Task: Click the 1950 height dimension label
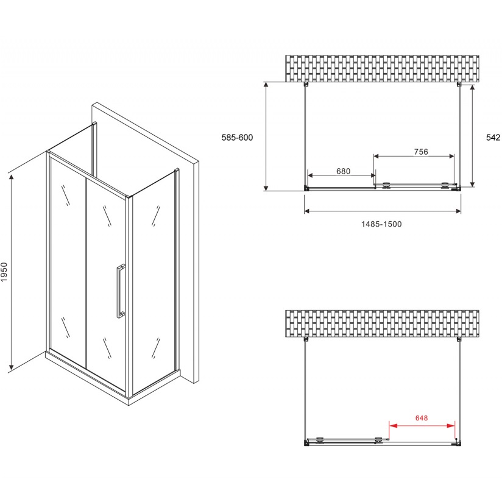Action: [x=4, y=272]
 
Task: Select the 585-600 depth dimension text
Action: [x=237, y=137]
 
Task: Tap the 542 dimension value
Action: [x=493, y=137]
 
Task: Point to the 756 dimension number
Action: [x=421, y=152]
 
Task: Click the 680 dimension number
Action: [x=343, y=171]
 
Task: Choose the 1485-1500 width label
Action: [x=381, y=224]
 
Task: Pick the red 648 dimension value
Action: [x=422, y=418]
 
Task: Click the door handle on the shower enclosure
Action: [x=121, y=291]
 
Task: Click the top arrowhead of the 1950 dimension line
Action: [x=12, y=179]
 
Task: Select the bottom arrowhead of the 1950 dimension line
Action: [x=12, y=366]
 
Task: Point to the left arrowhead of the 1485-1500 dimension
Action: [x=306, y=211]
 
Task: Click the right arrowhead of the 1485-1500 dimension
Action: [x=459, y=211]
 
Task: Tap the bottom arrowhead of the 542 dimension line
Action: [x=473, y=183]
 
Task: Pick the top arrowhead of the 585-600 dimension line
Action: [x=266, y=85]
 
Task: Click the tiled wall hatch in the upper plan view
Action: [x=382, y=68]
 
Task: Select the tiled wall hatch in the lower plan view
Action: [x=382, y=323]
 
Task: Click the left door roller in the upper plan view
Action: [x=387, y=185]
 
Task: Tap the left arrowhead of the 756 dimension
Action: [x=376, y=156]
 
